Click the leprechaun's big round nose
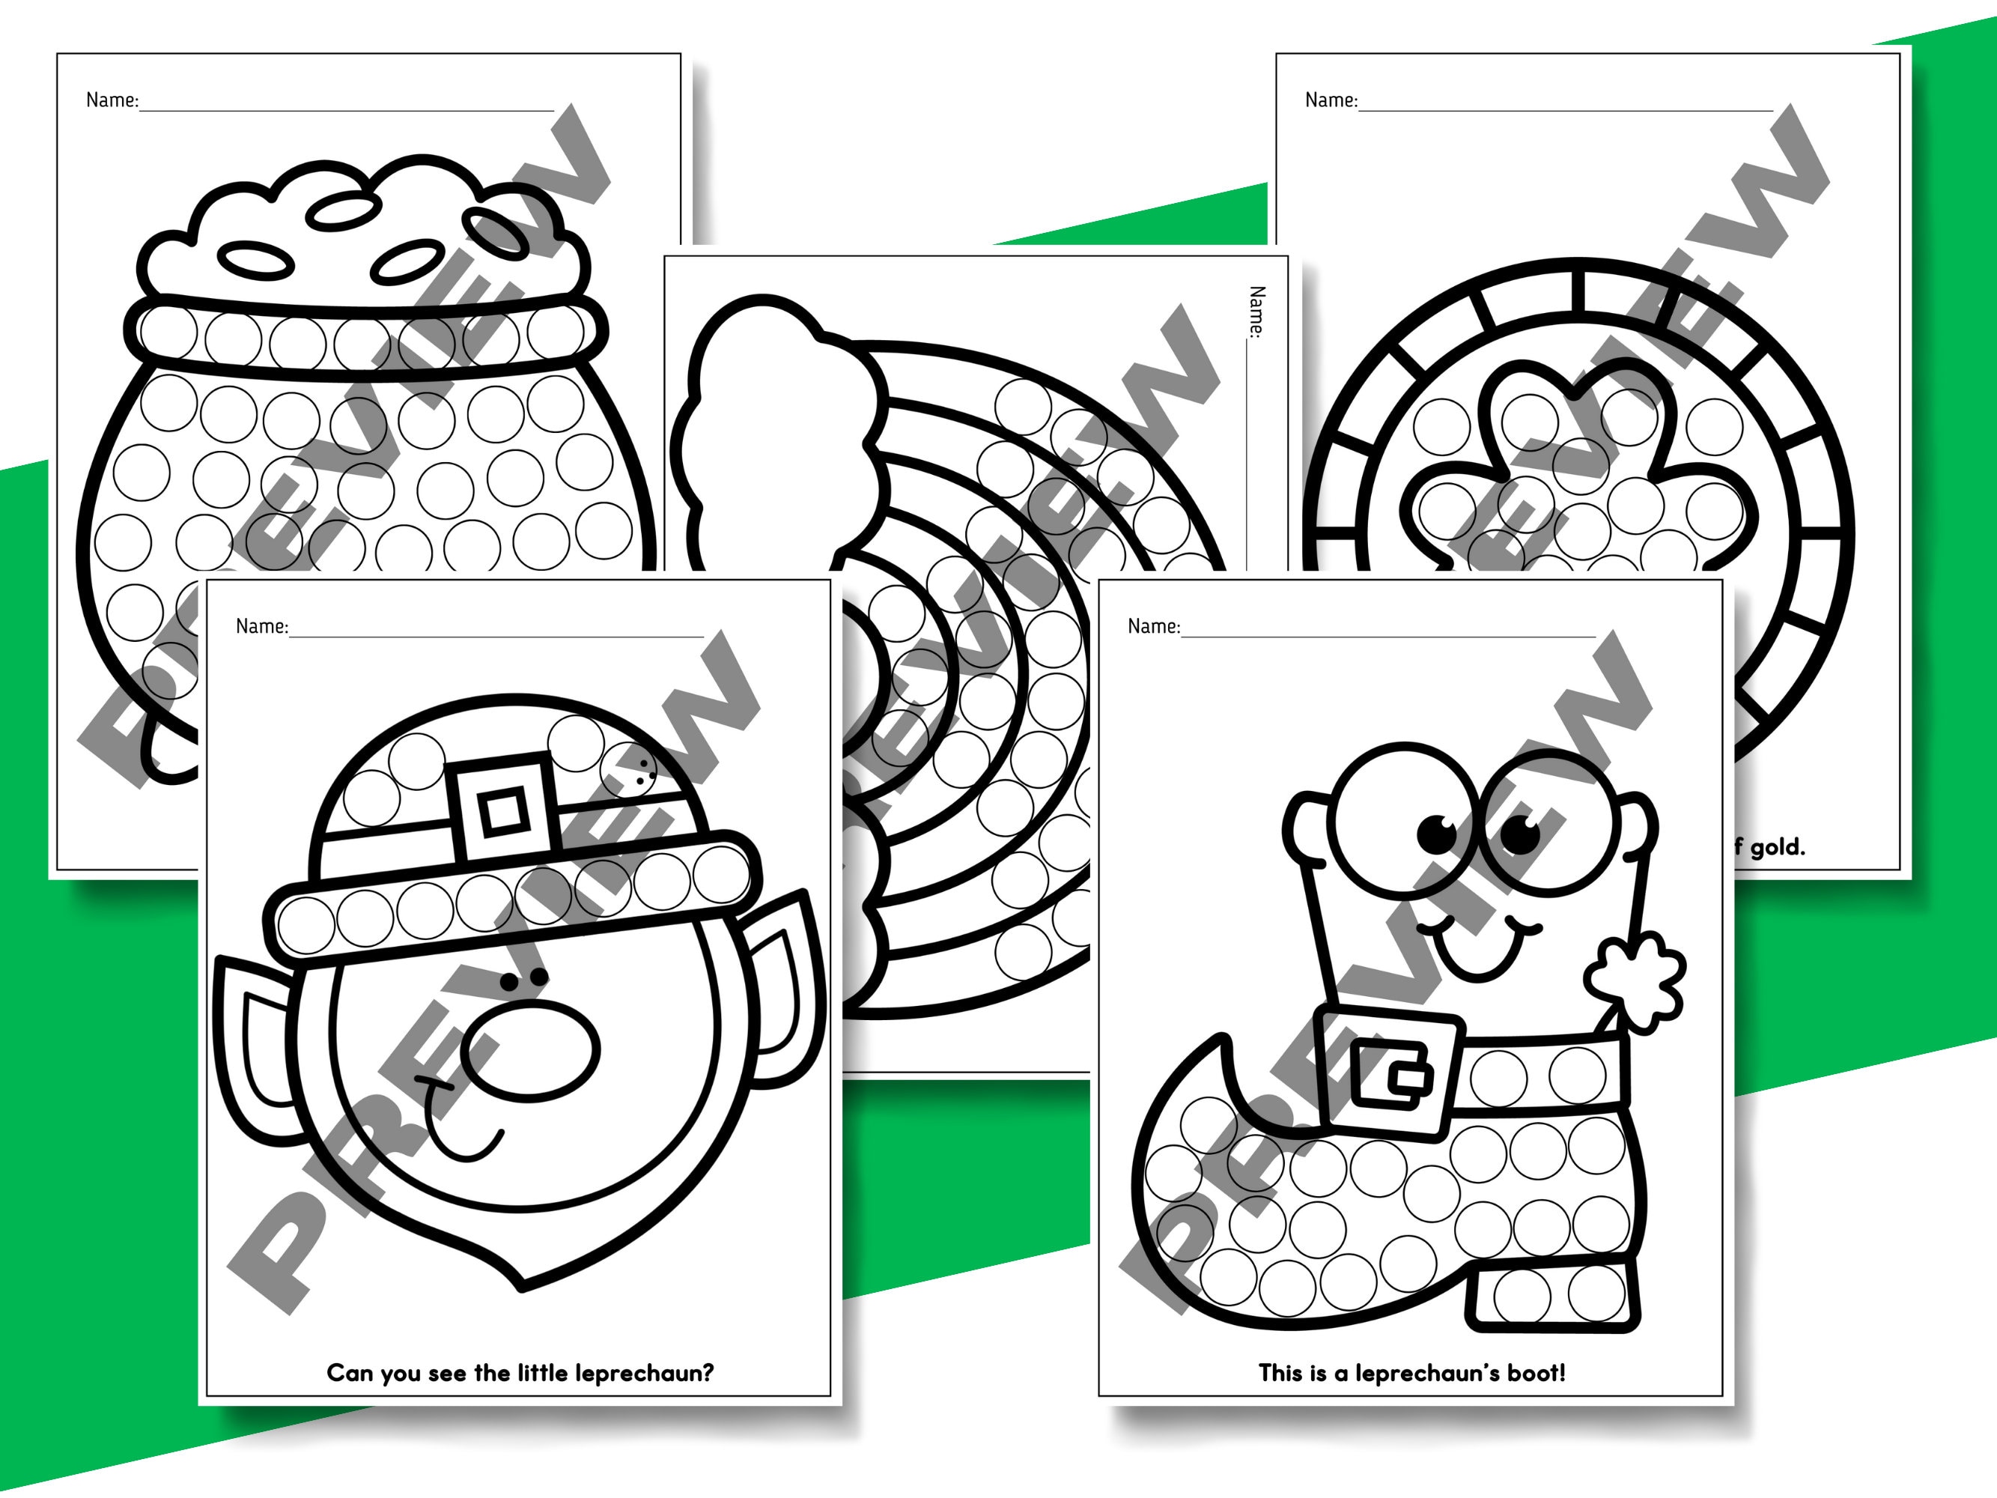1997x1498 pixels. point(530,1050)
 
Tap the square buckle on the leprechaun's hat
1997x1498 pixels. point(502,810)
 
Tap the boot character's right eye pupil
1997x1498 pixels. point(1520,834)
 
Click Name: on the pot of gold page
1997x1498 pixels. point(112,100)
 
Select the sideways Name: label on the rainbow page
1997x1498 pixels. point(1256,312)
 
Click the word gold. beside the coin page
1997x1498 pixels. point(1777,847)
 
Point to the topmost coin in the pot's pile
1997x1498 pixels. point(342,212)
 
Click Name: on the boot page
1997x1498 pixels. point(1153,625)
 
